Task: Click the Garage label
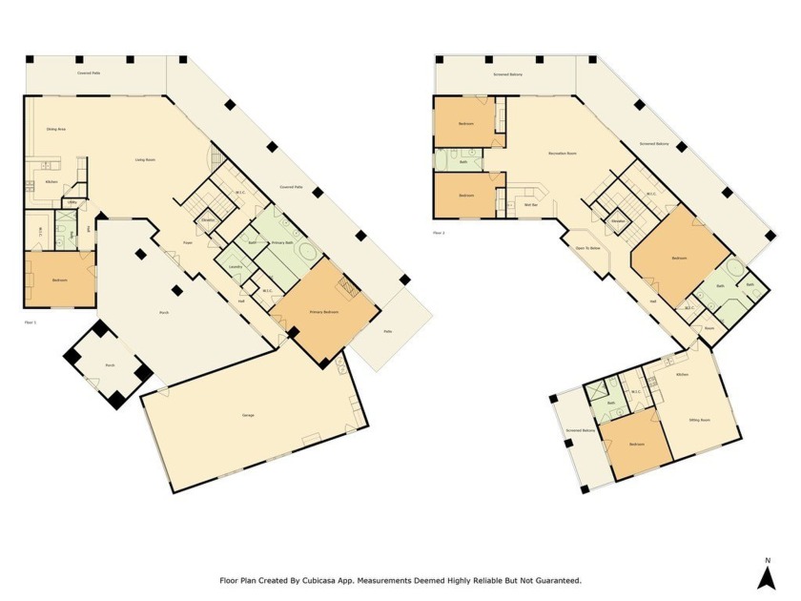[x=248, y=415]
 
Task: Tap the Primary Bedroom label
[x=323, y=312]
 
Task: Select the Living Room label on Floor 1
[x=145, y=159]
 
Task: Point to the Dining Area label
[x=55, y=129]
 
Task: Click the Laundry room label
[x=235, y=267]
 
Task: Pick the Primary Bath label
[x=281, y=243]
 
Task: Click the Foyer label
[x=189, y=243]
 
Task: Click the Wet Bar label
[x=531, y=204]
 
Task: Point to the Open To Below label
[x=588, y=248]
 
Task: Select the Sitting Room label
[x=699, y=419]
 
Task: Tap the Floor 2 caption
[x=439, y=232]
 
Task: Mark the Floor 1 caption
[x=30, y=322]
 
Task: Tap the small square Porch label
[x=110, y=364]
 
